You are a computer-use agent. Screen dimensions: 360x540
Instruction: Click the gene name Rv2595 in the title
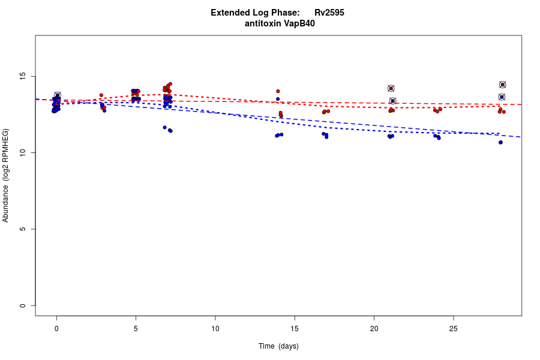(x=329, y=13)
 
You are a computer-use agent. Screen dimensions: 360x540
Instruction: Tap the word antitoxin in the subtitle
(x=264, y=23)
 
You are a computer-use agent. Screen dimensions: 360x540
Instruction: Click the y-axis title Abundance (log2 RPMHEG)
(x=6, y=175)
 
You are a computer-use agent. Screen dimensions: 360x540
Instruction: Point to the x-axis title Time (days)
(x=278, y=346)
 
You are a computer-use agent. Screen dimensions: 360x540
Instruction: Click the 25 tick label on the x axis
(x=453, y=328)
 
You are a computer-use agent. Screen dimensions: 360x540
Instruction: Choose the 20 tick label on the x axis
(x=374, y=328)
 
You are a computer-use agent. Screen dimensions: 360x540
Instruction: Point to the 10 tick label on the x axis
(x=215, y=328)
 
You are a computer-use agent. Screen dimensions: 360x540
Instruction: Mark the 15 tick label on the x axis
(x=295, y=328)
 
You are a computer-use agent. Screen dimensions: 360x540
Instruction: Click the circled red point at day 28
(x=503, y=85)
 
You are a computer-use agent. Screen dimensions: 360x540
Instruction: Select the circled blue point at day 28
(x=502, y=97)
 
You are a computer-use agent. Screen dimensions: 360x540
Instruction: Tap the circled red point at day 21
(x=391, y=88)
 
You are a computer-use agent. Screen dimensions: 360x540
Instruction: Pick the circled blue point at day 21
(x=392, y=101)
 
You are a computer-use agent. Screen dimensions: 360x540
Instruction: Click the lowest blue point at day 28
(x=500, y=142)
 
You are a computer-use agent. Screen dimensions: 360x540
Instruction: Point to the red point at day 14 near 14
(x=278, y=91)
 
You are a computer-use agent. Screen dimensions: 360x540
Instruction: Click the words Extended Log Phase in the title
(x=255, y=13)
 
